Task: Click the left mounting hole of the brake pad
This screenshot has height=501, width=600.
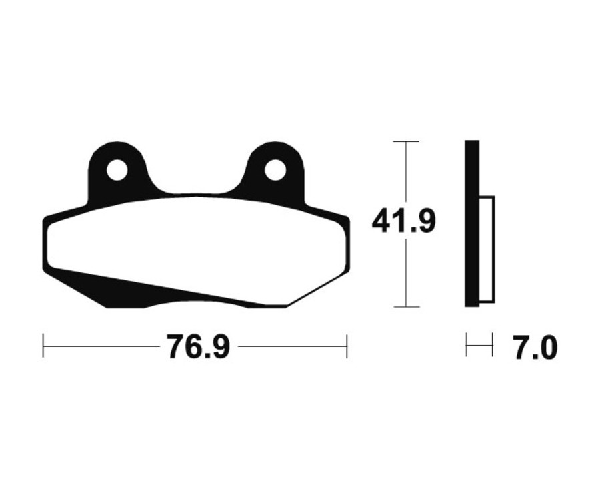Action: (117, 170)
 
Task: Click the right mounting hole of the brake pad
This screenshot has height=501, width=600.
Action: (275, 170)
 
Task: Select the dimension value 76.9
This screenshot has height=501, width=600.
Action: (198, 347)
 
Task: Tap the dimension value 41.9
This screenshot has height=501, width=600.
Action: (404, 221)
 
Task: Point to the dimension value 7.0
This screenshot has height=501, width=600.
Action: (535, 348)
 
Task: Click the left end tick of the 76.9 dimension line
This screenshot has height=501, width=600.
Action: (43, 346)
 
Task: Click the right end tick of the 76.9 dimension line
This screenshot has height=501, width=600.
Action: (347, 346)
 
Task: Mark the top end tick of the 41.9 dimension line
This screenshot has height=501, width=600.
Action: (406, 142)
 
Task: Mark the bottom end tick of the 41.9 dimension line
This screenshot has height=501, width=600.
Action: (406, 307)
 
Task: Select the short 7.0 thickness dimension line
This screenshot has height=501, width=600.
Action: (479, 346)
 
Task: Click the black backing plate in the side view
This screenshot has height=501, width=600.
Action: (472, 223)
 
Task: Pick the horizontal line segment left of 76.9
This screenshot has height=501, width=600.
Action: (100, 346)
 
